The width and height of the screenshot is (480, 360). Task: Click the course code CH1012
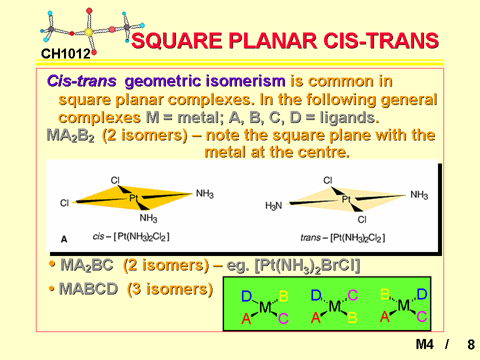pyautogui.click(x=66, y=54)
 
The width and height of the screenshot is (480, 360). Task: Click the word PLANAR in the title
pyautogui.click(x=273, y=40)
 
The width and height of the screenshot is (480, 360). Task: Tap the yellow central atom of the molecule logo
pyautogui.click(x=89, y=32)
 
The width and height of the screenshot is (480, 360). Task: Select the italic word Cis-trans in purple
pyautogui.click(x=81, y=81)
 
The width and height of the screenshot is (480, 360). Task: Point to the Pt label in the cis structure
pyautogui.click(x=133, y=198)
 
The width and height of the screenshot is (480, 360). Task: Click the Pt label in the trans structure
pyautogui.click(x=346, y=199)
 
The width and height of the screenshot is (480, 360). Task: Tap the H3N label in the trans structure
pyautogui.click(x=273, y=205)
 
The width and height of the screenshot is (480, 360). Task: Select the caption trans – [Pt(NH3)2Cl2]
pyautogui.click(x=342, y=237)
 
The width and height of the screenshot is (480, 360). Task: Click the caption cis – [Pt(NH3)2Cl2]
pyautogui.click(x=131, y=236)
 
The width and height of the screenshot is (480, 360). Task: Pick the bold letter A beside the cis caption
pyautogui.click(x=63, y=239)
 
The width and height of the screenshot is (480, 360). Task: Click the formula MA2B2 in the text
pyautogui.click(x=70, y=135)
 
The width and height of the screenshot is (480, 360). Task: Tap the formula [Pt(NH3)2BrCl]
pyautogui.click(x=307, y=265)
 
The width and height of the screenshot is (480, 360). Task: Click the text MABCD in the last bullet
pyautogui.click(x=88, y=288)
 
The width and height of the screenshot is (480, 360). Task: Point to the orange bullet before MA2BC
pyautogui.click(x=52, y=263)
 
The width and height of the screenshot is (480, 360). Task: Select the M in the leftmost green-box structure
pyautogui.click(x=265, y=307)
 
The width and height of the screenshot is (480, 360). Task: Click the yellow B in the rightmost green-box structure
pyautogui.click(x=385, y=294)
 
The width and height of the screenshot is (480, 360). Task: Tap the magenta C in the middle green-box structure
pyautogui.click(x=352, y=295)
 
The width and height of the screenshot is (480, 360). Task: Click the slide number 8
pyautogui.click(x=471, y=344)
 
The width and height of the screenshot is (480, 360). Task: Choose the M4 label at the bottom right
pyautogui.click(x=424, y=344)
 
